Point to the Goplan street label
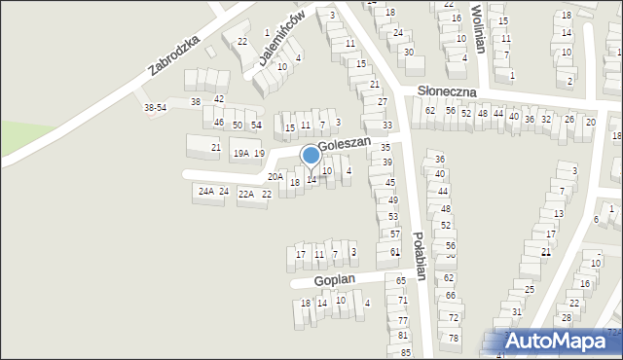coord(334,280)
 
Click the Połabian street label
coord(419,255)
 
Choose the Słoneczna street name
coord(447,90)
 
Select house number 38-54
coord(155,107)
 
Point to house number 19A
coord(240,154)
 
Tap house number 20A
coord(275,177)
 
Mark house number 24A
coord(205,192)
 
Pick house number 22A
coord(245,195)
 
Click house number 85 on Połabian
coord(405,351)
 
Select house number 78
coord(454,338)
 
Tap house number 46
coord(219,122)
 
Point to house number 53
coord(393,217)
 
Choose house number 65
coord(401,280)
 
